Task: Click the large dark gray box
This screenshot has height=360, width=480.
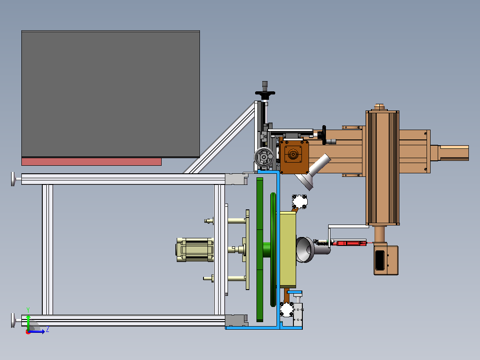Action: [110, 94]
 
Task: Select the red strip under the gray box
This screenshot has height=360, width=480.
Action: [91, 162]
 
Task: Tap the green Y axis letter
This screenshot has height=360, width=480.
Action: [28, 310]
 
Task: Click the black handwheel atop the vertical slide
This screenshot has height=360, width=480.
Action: [265, 93]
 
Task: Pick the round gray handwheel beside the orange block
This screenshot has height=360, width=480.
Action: [264, 157]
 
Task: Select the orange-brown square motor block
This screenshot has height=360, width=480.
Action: [294, 157]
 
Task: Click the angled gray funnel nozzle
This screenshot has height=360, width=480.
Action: [313, 172]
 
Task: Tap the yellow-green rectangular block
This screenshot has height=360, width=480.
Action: [288, 249]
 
